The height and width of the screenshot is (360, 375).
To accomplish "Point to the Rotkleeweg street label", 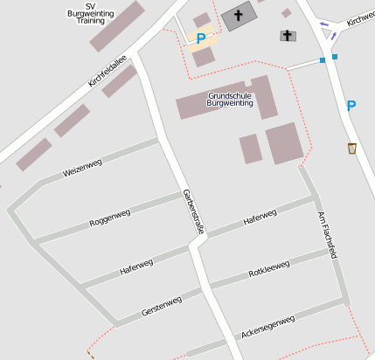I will pyautogui.click(x=268, y=269).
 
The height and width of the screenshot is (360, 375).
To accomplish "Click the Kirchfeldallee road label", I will pyautogui.click(x=108, y=71).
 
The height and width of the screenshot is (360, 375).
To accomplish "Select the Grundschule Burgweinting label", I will pyautogui.click(x=230, y=99).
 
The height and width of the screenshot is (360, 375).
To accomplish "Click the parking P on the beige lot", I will pyautogui.click(x=201, y=38).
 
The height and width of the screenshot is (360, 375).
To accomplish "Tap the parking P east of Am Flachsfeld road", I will pyautogui.click(x=351, y=106).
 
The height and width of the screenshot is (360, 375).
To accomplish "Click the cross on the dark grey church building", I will pyautogui.click(x=238, y=16).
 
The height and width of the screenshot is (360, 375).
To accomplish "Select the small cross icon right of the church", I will pyautogui.click(x=288, y=35).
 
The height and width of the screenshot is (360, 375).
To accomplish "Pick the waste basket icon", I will pyautogui.click(x=351, y=148).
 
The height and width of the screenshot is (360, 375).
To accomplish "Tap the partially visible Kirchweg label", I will pyautogui.click(x=359, y=19).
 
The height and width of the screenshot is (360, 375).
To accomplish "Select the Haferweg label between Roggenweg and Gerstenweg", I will pyautogui.click(x=136, y=266).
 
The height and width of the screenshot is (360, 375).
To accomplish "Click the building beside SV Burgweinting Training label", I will pyautogui.click(x=117, y=26).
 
